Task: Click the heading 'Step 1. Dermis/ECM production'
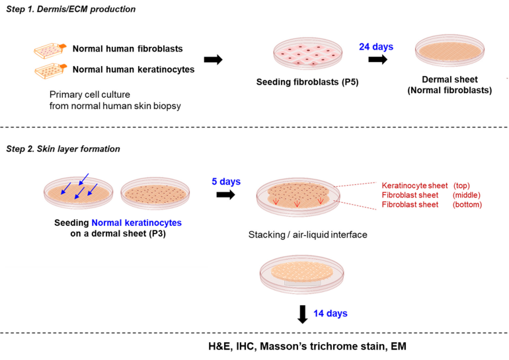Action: (x=71, y=9)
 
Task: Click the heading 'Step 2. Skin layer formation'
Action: (x=63, y=149)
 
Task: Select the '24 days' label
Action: (x=376, y=47)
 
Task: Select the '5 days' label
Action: (x=225, y=182)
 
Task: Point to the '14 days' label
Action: (x=329, y=313)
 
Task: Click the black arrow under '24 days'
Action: (x=377, y=59)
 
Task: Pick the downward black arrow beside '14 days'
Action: (x=302, y=314)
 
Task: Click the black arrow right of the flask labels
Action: (x=213, y=59)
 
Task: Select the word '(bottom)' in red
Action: (x=467, y=205)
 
